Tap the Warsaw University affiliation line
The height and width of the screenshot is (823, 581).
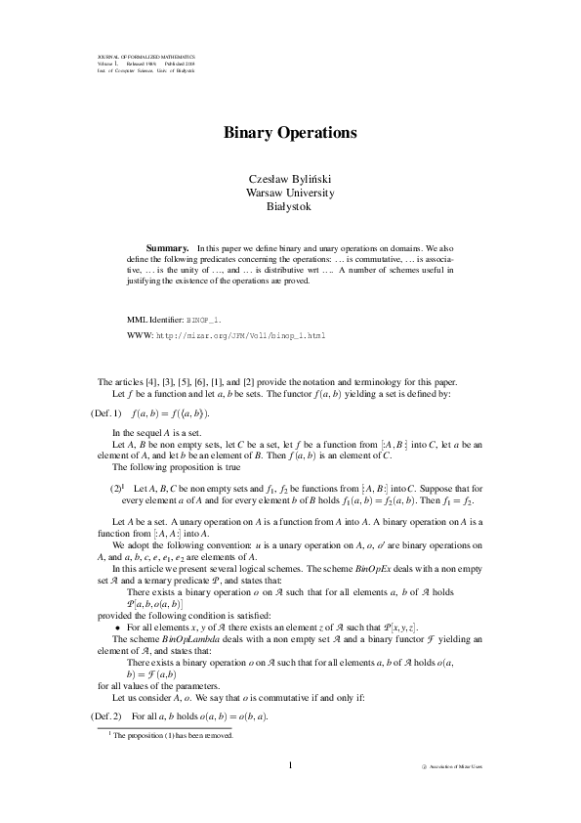[x=290, y=193]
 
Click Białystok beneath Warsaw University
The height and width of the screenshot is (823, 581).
[x=290, y=206]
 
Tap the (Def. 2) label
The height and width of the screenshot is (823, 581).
[x=105, y=716]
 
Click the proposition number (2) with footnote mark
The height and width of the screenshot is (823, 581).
[x=114, y=486]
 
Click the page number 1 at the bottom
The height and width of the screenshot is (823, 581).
[x=290, y=765]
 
